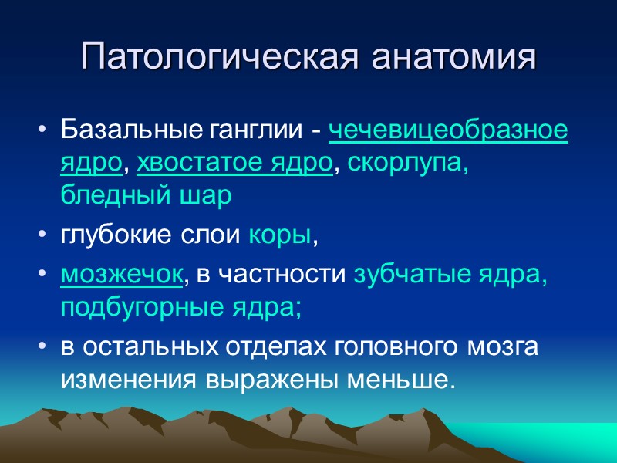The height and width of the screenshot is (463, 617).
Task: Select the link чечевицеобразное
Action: tap(449, 130)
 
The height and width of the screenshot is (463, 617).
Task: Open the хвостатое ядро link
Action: tap(236, 164)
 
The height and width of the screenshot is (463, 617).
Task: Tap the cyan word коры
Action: tap(280, 238)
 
